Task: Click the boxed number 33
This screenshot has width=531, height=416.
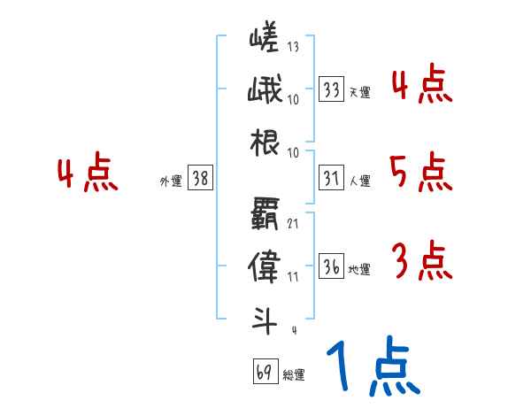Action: pos(332,89)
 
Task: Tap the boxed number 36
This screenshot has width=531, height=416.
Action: pos(332,267)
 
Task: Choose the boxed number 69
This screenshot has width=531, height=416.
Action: pos(264,372)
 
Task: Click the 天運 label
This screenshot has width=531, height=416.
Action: pos(359,92)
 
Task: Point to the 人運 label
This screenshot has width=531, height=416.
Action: pos(359,181)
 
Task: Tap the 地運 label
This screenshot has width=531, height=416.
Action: pos(359,270)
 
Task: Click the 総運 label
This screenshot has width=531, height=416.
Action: pos(294,374)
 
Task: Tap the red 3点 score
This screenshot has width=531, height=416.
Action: pos(420,260)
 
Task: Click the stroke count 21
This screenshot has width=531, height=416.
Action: pos(292,222)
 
